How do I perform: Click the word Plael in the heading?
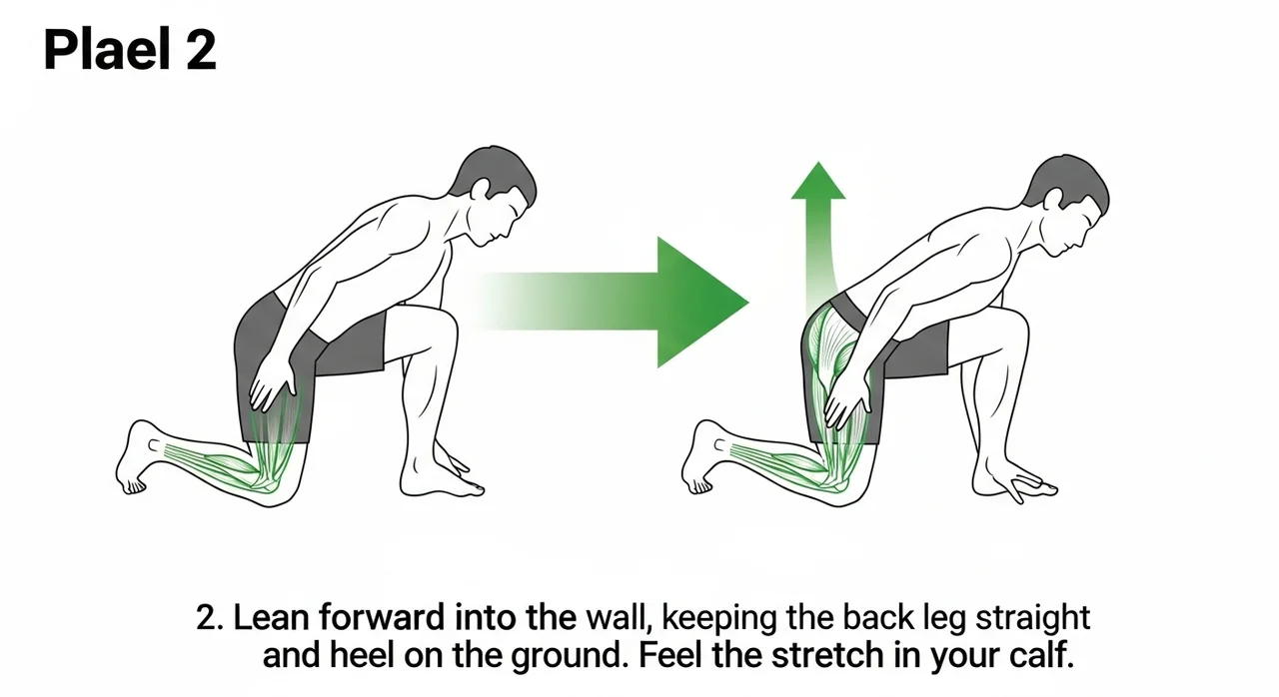107,50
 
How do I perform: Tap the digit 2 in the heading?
201,50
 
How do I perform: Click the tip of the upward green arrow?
818,162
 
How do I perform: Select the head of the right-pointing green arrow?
702,303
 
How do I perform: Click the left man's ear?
479,189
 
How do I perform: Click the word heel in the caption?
362,655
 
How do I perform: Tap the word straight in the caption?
1033,619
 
